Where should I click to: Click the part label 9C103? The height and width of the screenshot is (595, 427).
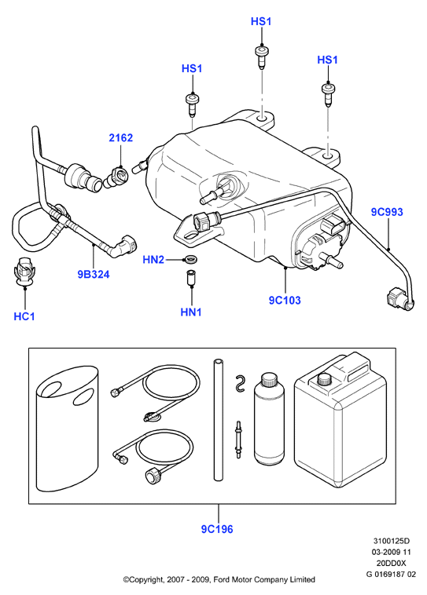(285, 300)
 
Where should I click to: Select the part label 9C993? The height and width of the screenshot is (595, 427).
(387, 212)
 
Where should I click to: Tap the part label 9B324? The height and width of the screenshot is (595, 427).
(94, 274)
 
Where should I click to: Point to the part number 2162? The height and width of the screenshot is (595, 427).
(121, 137)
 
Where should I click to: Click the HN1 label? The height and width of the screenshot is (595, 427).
(191, 312)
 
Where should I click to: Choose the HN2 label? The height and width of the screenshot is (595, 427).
(153, 260)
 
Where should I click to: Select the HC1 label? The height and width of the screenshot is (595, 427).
(24, 316)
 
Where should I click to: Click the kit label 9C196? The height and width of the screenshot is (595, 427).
(217, 529)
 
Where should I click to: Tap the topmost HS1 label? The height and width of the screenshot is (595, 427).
(261, 21)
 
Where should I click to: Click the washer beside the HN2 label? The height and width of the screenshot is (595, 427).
(190, 261)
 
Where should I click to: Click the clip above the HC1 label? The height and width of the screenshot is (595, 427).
(24, 269)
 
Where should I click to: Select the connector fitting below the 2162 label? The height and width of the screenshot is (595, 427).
(117, 177)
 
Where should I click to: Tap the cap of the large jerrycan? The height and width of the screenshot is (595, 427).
(325, 379)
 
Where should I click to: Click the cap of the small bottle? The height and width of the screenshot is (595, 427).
(269, 379)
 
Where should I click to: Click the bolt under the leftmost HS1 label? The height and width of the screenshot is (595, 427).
(192, 104)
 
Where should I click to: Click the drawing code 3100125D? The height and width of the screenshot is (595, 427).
(392, 541)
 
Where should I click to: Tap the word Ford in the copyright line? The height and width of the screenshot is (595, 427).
(222, 579)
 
